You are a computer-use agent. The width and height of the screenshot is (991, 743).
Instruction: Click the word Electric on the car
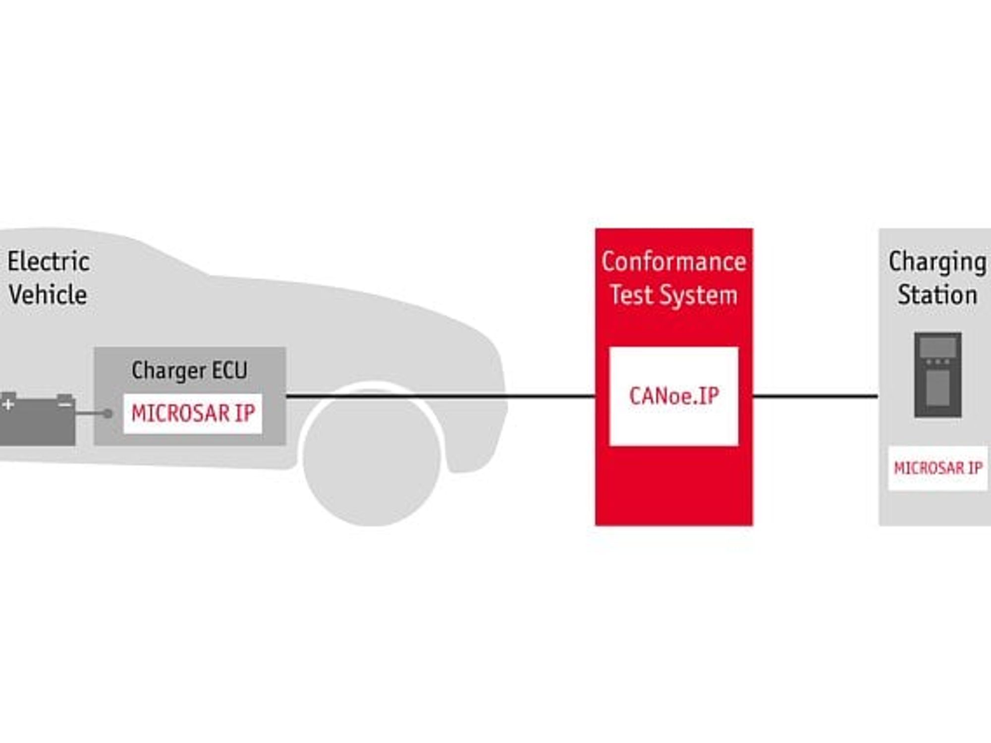49,262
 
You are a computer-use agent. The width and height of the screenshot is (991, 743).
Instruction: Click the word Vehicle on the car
48,294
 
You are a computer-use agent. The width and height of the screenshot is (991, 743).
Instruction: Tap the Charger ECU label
189,371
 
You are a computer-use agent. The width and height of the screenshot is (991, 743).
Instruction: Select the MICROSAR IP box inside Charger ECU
193,414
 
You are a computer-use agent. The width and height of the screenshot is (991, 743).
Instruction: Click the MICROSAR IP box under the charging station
938,468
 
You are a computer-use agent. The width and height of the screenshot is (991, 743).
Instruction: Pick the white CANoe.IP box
674,396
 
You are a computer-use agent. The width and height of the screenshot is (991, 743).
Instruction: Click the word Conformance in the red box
674,262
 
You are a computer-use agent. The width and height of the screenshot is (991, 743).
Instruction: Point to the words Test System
674,295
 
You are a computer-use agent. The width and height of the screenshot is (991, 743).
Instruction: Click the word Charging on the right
937,263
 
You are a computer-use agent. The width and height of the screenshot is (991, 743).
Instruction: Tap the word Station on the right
937,295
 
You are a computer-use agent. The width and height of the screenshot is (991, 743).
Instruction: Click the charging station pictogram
938,375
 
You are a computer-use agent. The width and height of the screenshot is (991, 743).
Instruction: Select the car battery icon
38,419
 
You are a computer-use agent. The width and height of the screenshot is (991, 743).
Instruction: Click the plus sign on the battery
7,405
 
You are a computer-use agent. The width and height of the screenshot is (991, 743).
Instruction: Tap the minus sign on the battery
65,405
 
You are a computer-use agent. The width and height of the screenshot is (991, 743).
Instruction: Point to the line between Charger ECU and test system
440,396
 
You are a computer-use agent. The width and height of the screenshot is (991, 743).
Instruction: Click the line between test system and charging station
816,396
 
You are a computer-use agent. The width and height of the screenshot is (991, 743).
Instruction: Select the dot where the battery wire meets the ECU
108,414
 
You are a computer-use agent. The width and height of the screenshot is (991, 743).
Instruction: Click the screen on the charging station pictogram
938,346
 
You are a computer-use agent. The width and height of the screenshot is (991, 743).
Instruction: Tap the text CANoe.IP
674,396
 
